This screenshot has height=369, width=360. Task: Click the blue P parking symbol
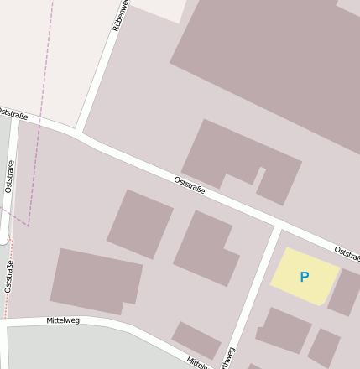coord(304,277)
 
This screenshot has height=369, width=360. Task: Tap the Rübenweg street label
coord(120,15)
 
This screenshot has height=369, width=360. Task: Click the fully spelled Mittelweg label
coord(63,320)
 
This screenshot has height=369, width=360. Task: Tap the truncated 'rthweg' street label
coord(228,356)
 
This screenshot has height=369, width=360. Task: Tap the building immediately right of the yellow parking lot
coord(344,292)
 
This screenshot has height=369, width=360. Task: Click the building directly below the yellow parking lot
coord(284,329)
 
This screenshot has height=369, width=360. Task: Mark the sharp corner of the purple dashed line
coord(29,225)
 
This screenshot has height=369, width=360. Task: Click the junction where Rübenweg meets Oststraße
coord(78,132)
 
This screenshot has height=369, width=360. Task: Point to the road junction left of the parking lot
coord(277,228)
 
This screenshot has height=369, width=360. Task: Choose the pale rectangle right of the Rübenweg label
coord(159,8)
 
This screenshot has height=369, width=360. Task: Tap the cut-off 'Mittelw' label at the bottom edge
coord(196,362)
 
